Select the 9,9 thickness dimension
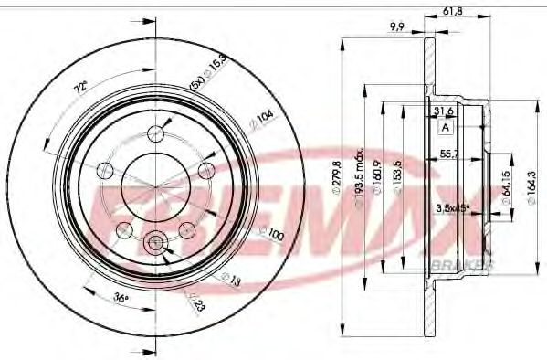coord(396,27)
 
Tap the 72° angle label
coord(81,88)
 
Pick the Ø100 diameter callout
coord(273,237)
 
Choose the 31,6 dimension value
coord(443,111)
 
